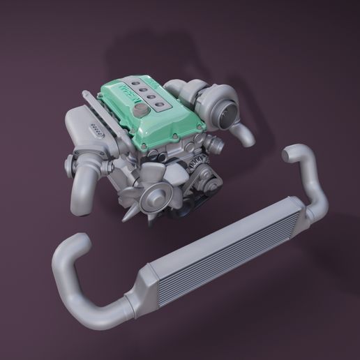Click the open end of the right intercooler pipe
[x=288, y=151]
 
